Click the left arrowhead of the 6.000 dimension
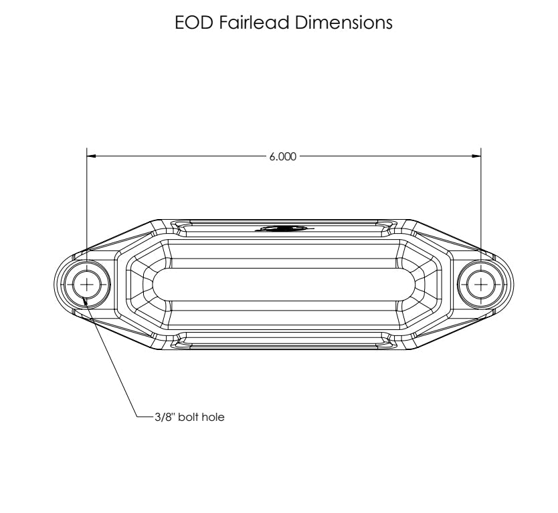92,157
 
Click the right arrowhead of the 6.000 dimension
476,157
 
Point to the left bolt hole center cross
87,284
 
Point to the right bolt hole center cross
481,284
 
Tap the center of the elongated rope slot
284,284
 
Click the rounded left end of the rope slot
157,284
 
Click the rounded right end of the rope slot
411,284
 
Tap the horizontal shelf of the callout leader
138,417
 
